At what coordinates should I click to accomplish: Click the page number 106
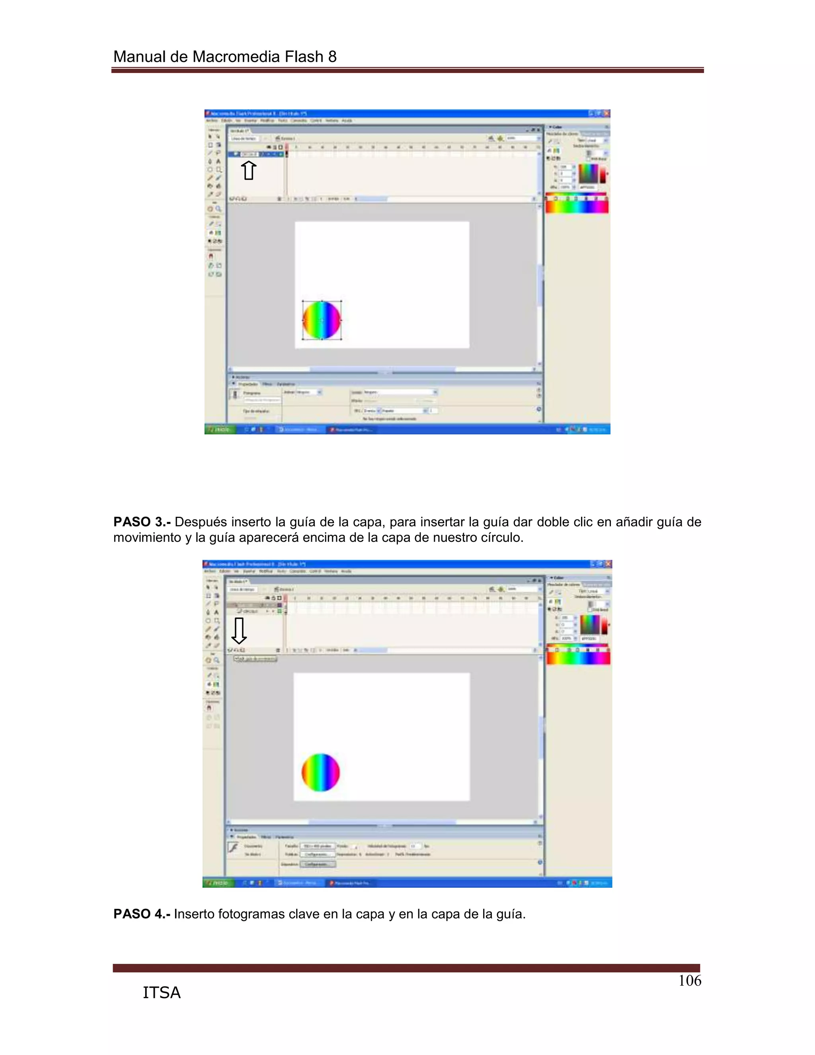(690, 980)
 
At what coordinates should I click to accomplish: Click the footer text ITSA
(161, 992)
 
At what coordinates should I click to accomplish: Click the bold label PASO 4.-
(141, 914)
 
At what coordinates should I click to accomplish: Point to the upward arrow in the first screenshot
(249, 170)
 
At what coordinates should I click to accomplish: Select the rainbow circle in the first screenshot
(322, 320)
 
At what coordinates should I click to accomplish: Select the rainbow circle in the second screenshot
(321, 772)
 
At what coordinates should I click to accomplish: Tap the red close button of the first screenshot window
(606, 113)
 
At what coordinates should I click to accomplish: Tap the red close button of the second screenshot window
(608, 564)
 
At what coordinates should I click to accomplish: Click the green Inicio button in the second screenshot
(218, 883)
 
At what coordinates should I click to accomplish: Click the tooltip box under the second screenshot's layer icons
(255, 658)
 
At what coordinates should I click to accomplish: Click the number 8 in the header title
(332, 57)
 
